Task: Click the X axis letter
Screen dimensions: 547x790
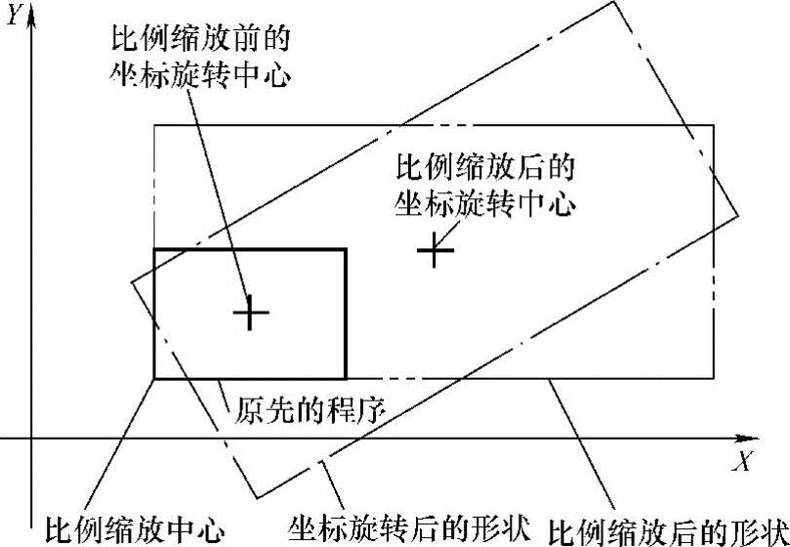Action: pyautogui.click(x=745, y=460)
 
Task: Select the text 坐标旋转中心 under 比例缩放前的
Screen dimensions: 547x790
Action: pyautogui.click(x=203, y=76)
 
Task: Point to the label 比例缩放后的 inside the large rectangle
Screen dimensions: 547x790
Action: pyautogui.click(x=483, y=166)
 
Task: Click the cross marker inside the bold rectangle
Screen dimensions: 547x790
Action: pyautogui.click(x=251, y=313)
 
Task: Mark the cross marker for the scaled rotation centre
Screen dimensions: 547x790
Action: pyautogui.click(x=436, y=251)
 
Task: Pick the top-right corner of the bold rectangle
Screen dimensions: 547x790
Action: pyautogui.click(x=346, y=250)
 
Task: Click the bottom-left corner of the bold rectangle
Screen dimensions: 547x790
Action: pyautogui.click(x=154, y=378)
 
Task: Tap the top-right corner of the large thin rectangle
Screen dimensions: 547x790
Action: pyautogui.click(x=714, y=125)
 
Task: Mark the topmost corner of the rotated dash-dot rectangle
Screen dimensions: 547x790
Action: pyautogui.click(x=618, y=2)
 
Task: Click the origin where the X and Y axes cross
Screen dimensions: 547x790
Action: pyautogui.click(x=32, y=439)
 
